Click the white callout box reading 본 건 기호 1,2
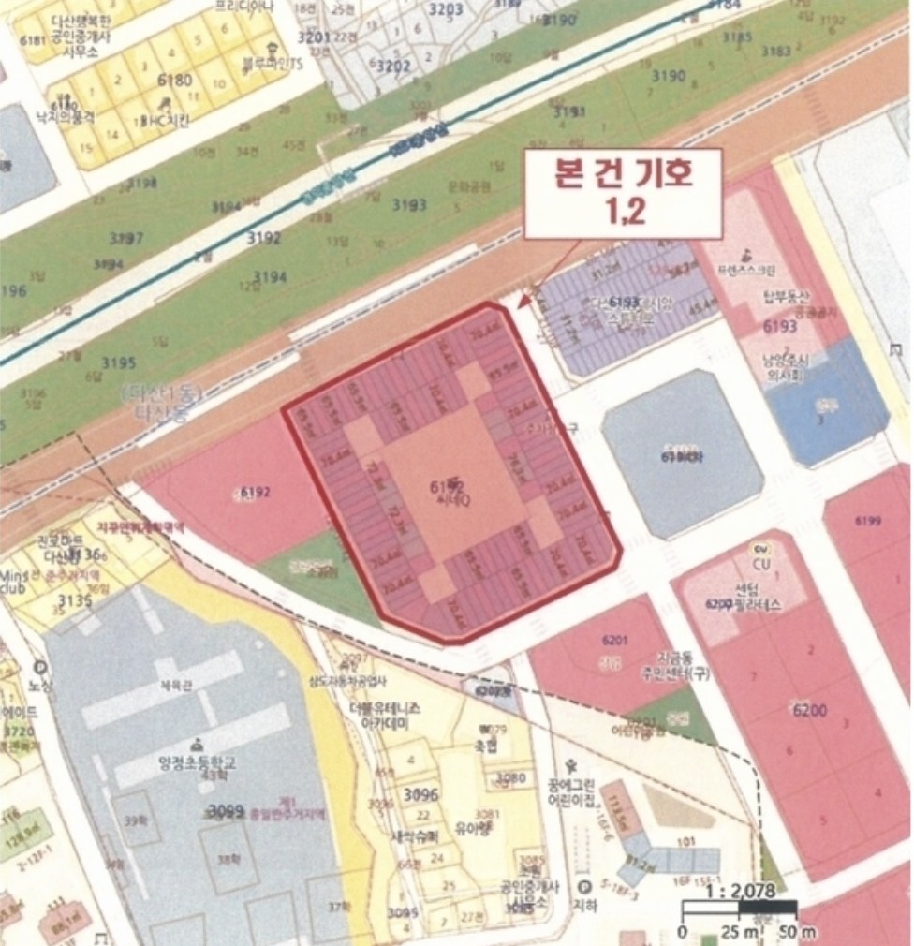[623, 194]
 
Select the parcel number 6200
[809, 711]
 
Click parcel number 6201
[614, 640]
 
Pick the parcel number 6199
[868, 522]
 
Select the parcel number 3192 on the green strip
[264, 238]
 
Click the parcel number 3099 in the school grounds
[226, 810]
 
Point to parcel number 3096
[420, 796]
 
